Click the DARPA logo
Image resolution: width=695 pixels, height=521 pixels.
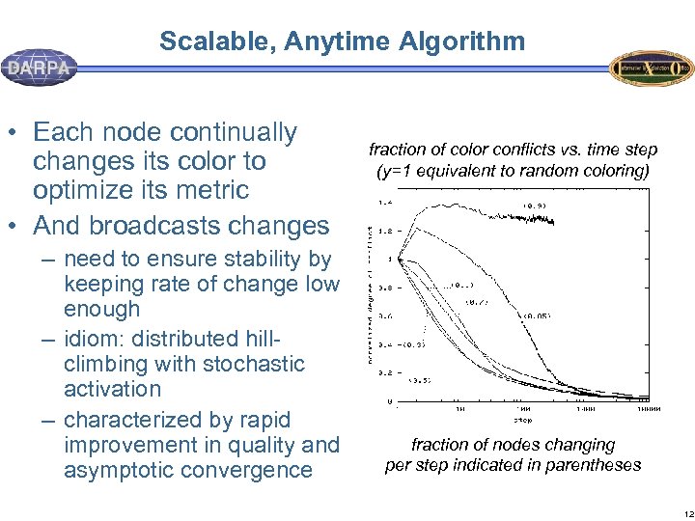[x=40, y=69]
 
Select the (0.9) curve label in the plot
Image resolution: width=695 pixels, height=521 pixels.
[x=535, y=205]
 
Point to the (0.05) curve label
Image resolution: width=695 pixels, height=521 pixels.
[x=536, y=315]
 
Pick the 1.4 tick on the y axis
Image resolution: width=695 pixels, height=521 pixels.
[x=384, y=203]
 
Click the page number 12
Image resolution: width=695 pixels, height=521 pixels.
[x=681, y=511]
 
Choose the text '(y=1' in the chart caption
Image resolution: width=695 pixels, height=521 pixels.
[x=397, y=171]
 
